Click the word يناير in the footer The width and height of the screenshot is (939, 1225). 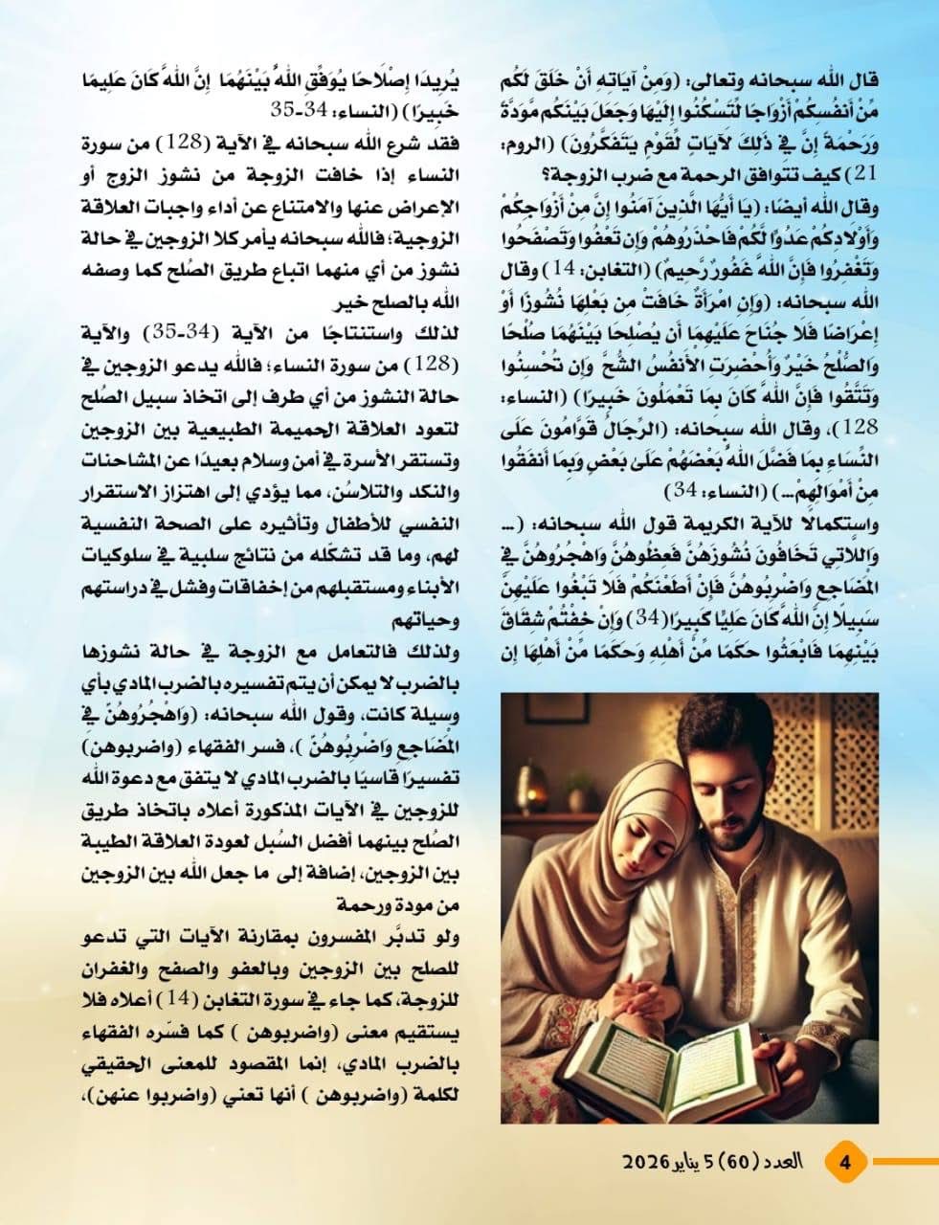pos(693,1164)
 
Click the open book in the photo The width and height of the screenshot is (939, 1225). pos(689,1062)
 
